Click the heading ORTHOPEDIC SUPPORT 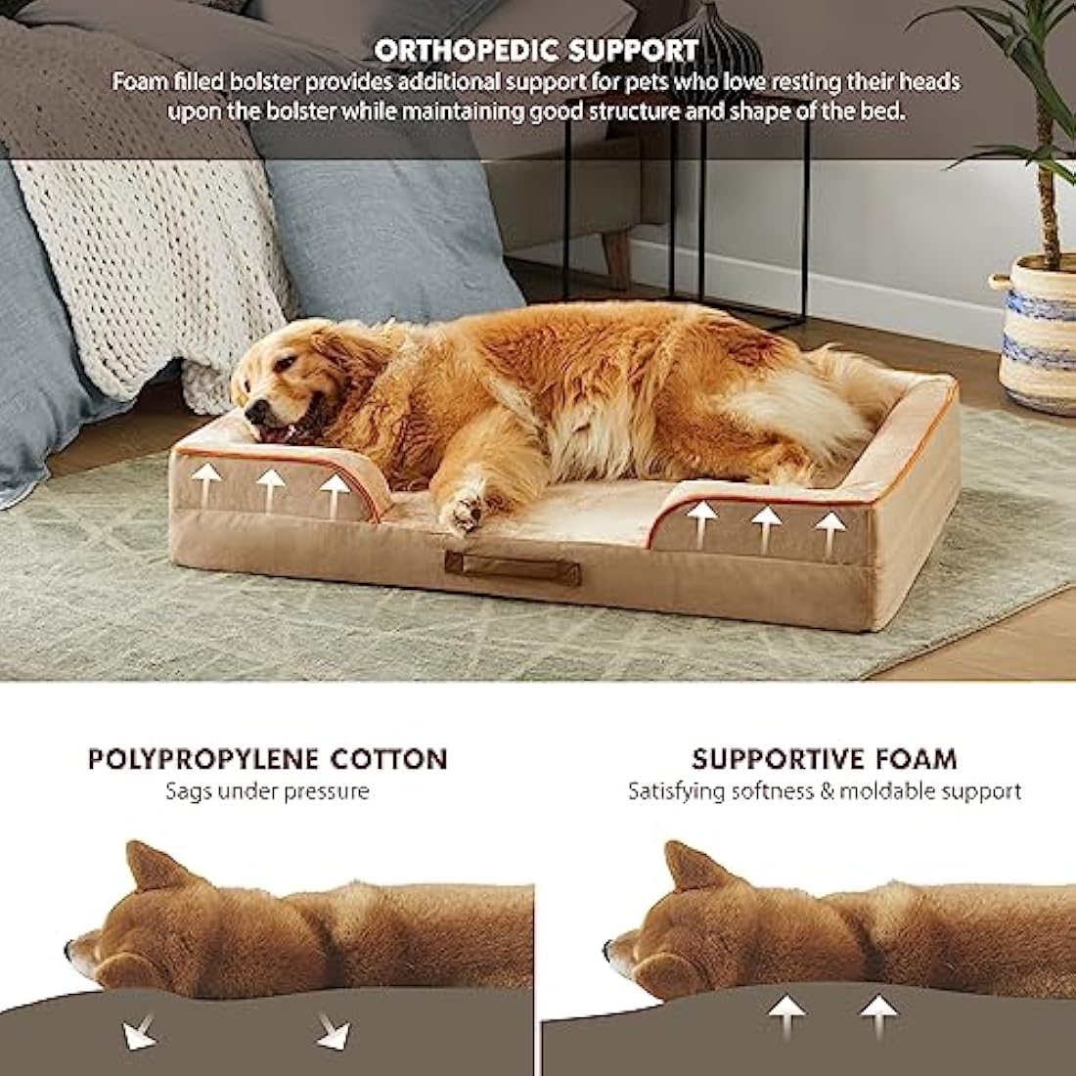click(536, 49)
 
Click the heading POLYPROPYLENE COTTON click(267, 758)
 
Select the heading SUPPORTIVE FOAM click(824, 758)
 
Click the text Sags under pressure click(267, 791)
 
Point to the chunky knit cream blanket click(147, 245)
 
